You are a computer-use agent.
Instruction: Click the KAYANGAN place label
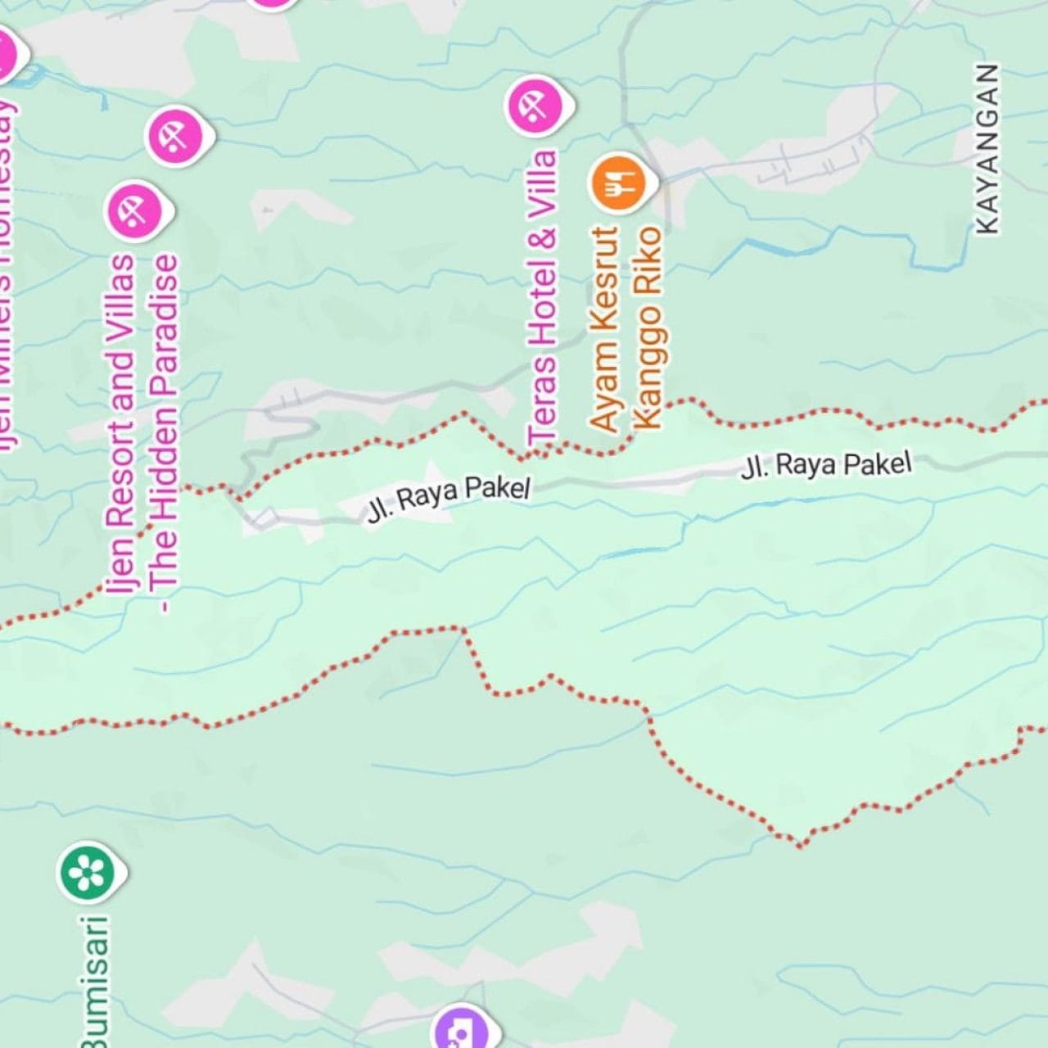(x=988, y=149)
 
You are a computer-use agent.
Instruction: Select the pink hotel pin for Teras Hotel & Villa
(x=536, y=106)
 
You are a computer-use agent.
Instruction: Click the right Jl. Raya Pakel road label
(x=825, y=465)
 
